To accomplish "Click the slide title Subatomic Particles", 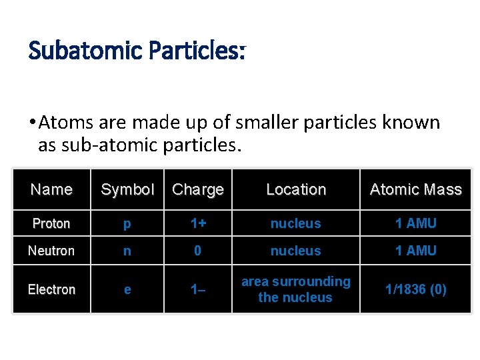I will click(x=137, y=51).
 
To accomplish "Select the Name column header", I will click(x=51, y=189).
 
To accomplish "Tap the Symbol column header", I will click(x=127, y=189).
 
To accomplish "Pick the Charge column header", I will click(x=198, y=189).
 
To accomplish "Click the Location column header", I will click(x=296, y=189).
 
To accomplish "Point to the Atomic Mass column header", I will click(x=415, y=189).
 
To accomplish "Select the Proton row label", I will click(x=51, y=223).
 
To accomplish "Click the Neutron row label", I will click(x=51, y=251).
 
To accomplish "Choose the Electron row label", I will click(x=51, y=289).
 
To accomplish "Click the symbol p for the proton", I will click(x=127, y=224).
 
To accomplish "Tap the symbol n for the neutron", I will click(x=127, y=251).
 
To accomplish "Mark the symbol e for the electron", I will click(x=127, y=289).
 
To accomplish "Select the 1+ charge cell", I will click(x=198, y=223).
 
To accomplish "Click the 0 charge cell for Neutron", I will click(x=198, y=251).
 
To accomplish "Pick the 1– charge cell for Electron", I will click(x=198, y=289).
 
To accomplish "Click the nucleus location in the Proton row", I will click(x=296, y=223).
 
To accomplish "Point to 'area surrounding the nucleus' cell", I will click(x=296, y=289).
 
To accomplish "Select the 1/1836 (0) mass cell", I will click(x=415, y=289).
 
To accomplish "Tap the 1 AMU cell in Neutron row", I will click(x=415, y=251).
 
